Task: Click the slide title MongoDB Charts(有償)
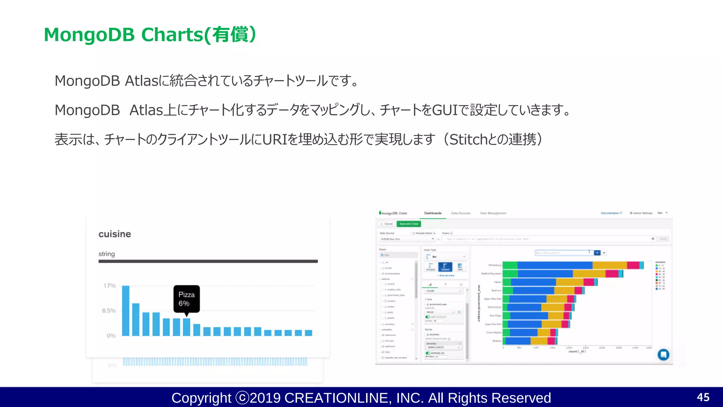tap(150, 35)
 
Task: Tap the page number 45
tap(703, 397)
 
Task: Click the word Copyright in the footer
tap(201, 398)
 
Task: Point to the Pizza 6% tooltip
tap(186, 299)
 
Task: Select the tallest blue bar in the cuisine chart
tap(126, 311)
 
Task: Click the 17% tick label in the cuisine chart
tap(109, 285)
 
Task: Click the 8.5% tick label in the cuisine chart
tap(109, 311)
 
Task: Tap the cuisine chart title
tap(115, 234)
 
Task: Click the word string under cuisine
tap(107, 254)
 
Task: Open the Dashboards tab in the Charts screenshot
tap(433, 213)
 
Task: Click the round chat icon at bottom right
tap(663, 354)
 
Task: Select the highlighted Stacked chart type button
tap(445, 267)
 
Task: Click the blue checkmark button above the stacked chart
tap(597, 253)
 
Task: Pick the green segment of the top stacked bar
tap(510, 265)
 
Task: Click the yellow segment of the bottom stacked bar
tap(539, 341)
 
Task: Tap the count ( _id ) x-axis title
tap(577, 351)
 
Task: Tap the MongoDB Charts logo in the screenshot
tap(393, 213)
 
